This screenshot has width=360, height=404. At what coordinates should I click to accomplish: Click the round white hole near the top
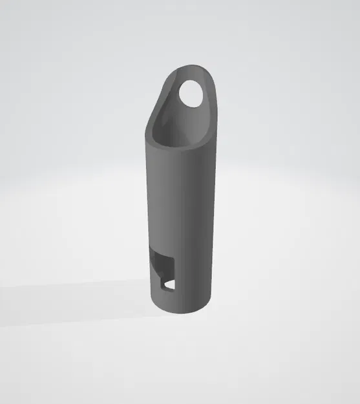tap(192, 93)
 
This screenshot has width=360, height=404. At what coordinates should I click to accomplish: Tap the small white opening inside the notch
tap(170, 284)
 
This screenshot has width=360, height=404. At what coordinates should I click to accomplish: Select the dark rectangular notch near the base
tap(164, 268)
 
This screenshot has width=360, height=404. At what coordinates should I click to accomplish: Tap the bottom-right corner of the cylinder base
tap(211, 299)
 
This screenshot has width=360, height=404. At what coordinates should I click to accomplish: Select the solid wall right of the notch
tap(194, 271)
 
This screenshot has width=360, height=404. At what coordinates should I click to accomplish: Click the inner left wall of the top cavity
tap(162, 116)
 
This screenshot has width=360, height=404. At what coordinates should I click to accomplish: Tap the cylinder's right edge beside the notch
tap(212, 271)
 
